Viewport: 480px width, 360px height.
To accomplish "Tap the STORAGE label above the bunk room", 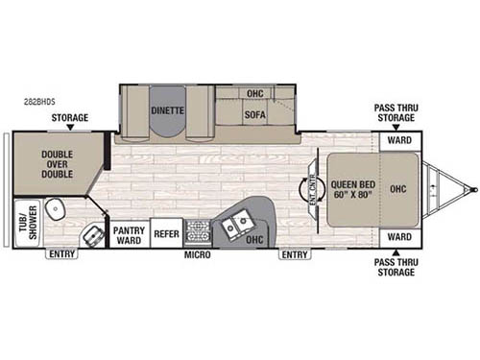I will click(70, 118).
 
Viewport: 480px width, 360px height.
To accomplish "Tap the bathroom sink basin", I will click(93, 235).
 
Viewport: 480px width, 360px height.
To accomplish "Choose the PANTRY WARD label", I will click(128, 236).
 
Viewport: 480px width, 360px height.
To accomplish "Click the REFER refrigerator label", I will click(166, 231).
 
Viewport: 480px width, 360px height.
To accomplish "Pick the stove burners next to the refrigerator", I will click(198, 231).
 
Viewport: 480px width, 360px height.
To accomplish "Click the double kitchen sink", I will click(236, 225).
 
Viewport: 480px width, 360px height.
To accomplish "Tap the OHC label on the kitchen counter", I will click(254, 239).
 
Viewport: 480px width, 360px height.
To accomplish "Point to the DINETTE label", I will click(169, 110).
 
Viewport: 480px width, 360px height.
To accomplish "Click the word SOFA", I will click(254, 114).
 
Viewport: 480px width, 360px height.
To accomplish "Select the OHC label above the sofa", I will click(254, 94).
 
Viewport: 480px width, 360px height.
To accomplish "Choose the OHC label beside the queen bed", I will click(398, 188).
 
